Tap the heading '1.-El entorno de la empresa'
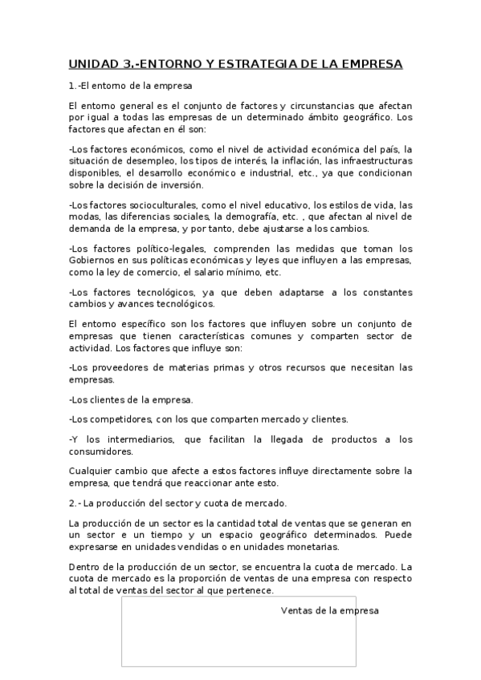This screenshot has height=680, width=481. tap(129, 85)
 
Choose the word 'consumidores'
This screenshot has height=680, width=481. tap(101, 451)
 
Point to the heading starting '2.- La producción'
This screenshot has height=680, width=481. tap(177, 504)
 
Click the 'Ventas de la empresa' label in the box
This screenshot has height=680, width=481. tap(329, 610)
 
